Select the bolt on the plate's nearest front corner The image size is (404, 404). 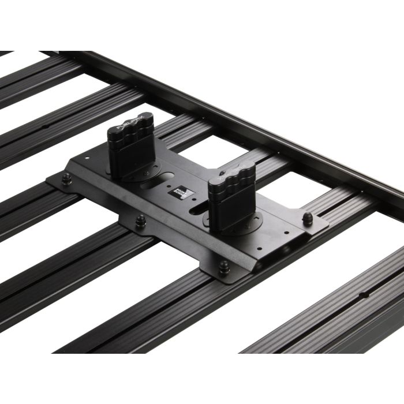pyautogui.click(x=223, y=265)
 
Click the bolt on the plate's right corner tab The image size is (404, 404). pyautogui.click(x=307, y=218)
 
